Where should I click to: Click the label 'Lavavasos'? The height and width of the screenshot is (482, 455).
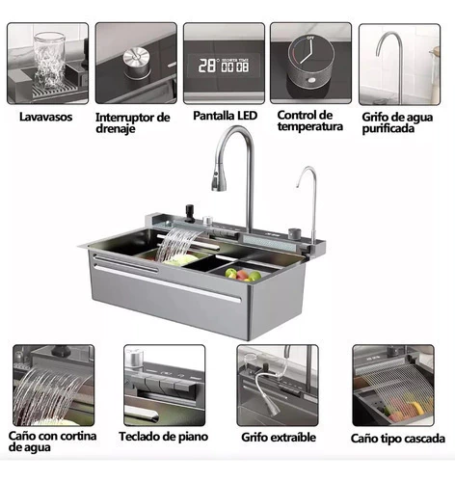[45, 117]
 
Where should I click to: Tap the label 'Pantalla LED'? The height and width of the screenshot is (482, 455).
[225, 116]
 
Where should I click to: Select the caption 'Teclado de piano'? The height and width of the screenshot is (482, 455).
[164, 437]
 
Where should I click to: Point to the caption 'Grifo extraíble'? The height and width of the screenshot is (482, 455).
[279, 438]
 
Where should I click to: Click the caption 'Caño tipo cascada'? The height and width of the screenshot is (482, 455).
[398, 439]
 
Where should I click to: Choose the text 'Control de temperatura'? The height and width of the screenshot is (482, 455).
[309, 120]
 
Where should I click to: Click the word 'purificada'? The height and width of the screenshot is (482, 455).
[388, 128]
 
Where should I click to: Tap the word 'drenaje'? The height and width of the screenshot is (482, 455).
[116, 129]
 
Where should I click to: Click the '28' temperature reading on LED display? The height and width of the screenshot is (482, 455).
[206, 66]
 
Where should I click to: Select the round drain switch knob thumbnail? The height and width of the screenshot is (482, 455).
[136, 63]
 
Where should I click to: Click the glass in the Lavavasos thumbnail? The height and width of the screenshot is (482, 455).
[49, 60]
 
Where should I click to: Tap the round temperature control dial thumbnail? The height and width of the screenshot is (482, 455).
[310, 64]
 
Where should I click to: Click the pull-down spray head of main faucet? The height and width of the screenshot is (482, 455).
[219, 180]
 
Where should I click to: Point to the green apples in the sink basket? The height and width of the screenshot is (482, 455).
[243, 275]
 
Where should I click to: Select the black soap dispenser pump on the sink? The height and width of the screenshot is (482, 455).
[189, 212]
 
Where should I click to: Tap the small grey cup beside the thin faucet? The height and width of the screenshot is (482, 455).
[295, 233]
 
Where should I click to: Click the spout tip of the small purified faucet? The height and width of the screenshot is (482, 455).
[298, 185]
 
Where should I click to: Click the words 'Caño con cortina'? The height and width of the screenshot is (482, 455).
[52, 436]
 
